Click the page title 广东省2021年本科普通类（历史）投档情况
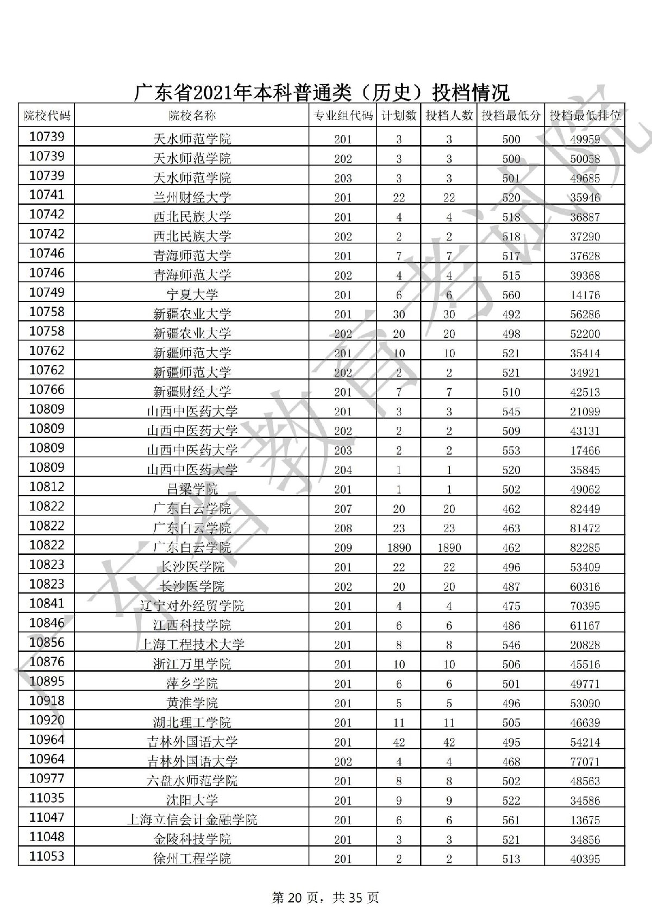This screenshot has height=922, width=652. pyautogui.click(x=322, y=93)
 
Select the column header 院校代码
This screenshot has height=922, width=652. pyautogui.click(x=47, y=115)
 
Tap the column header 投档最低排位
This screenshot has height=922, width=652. pyautogui.click(x=585, y=116)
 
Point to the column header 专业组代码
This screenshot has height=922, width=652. pyautogui.click(x=343, y=116)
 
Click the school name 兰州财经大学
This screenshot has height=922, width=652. pyautogui.click(x=192, y=198)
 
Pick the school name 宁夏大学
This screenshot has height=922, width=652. pyautogui.click(x=192, y=295)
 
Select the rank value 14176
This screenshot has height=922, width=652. pyautogui.click(x=585, y=295)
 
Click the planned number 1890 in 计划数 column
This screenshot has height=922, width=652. pyautogui.click(x=399, y=547)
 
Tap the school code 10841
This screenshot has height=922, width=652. pyautogui.click(x=47, y=603)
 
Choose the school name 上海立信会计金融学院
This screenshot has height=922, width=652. pyautogui.click(x=192, y=820)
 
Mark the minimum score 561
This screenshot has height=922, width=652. pyautogui.click(x=511, y=820)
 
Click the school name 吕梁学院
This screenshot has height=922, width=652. pyautogui.click(x=192, y=489)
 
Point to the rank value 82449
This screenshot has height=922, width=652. pyautogui.click(x=585, y=509)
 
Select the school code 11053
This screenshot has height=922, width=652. pyautogui.click(x=47, y=856)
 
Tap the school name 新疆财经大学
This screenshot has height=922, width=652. pyautogui.click(x=192, y=392)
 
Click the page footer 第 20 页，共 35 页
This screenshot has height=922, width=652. pyautogui.click(x=325, y=898)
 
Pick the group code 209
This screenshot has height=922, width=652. pyautogui.click(x=343, y=547)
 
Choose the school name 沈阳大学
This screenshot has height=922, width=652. pyautogui.click(x=192, y=800)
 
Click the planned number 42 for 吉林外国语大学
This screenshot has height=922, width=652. pyautogui.click(x=399, y=742)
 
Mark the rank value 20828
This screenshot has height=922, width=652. pyautogui.click(x=585, y=645)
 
